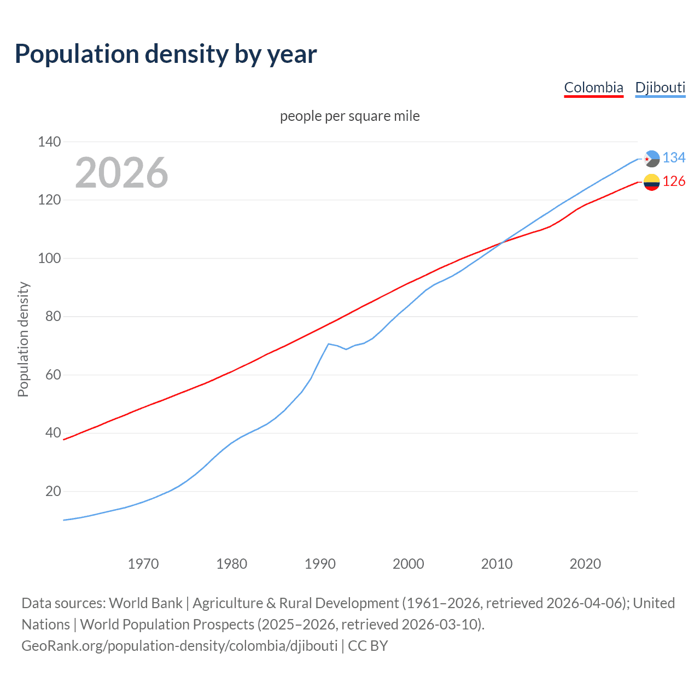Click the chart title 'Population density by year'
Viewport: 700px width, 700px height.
tap(166, 54)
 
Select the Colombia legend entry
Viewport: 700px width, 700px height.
tap(593, 87)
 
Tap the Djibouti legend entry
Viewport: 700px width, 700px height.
tap(660, 87)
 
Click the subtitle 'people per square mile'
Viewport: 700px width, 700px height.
tap(349, 116)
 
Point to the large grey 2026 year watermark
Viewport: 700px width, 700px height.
tap(121, 173)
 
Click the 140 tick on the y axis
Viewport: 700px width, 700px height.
tap(49, 142)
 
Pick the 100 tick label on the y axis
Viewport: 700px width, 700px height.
tap(49, 258)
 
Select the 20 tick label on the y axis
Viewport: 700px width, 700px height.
tap(53, 491)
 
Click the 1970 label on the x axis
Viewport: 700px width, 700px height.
tap(143, 564)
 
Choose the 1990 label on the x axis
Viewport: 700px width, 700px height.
tap(320, 564)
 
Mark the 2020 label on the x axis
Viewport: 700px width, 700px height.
tap(585, 564)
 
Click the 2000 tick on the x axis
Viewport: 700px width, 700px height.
tap(409, 564)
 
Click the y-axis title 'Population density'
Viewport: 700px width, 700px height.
tap(23, 339)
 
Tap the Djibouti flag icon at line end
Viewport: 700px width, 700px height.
tap(651, 159)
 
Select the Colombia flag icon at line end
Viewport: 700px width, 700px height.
tap(651, 182)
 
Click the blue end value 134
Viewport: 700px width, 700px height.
tap(674, 158)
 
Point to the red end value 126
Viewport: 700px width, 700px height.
tap(674, 182)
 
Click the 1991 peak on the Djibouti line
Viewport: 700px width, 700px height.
tap(328, 343)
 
